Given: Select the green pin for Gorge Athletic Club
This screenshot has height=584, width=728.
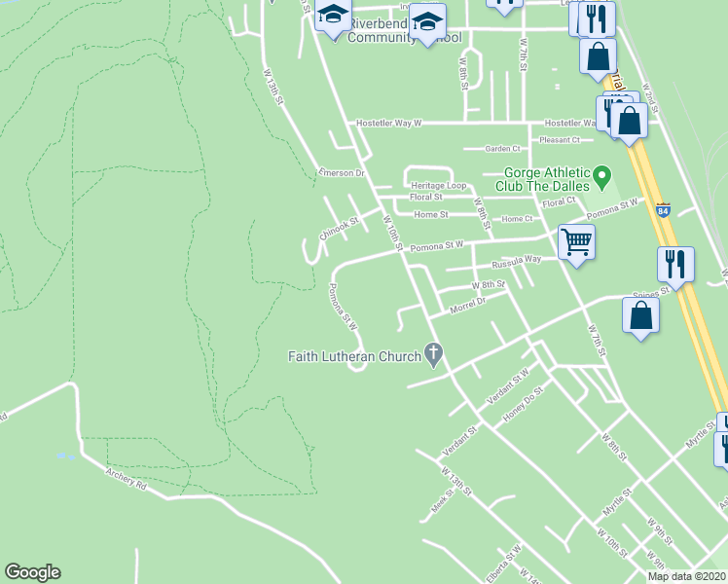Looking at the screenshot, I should [601, 177].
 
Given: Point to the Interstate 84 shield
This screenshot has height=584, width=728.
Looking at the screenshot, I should [663, 209].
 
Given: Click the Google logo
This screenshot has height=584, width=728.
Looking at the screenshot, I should [32, 572].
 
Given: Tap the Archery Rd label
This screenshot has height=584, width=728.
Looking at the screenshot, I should [127, 479].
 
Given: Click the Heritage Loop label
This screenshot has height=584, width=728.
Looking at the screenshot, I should [438, 185].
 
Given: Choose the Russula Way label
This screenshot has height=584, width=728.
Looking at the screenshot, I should [516, 261].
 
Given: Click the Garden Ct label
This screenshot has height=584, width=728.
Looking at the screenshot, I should [503, 149].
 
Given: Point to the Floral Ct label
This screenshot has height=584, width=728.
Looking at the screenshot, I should [560, 202].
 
